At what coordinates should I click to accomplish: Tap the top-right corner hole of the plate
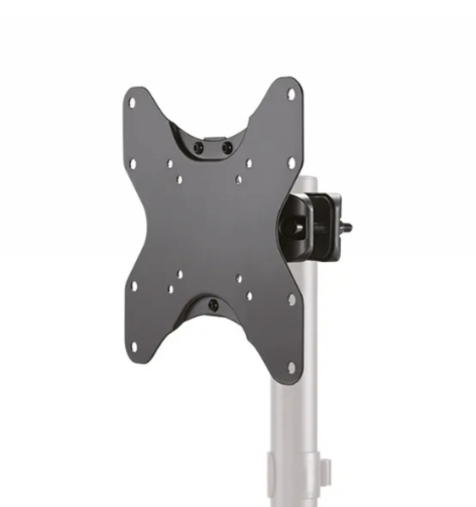(291, 94)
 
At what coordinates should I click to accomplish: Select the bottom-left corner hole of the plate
(134, 346)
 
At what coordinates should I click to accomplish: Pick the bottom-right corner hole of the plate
(291, 368)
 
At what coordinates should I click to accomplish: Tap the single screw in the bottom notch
(213, 305)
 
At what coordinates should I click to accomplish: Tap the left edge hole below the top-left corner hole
(133, 164)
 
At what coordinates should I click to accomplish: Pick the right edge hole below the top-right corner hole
(291, 163)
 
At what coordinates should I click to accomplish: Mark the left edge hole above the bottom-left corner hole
(134, 286)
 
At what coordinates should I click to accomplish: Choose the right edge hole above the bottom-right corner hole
(291, 300)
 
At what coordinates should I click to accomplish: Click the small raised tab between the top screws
(213, 139)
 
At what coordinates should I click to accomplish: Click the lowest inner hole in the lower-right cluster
(250, 296)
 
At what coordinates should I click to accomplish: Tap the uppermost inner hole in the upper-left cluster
(170, 164)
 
